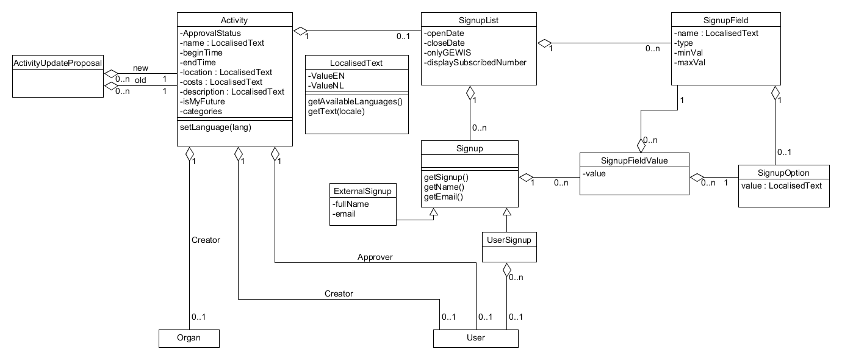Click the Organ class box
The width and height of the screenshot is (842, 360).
click(189, 338)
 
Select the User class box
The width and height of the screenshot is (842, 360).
click(475, 338)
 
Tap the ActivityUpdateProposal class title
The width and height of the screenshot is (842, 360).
click(57, 63)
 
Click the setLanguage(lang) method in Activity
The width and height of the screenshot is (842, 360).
click(215, 127)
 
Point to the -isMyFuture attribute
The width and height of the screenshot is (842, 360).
click(202, 101)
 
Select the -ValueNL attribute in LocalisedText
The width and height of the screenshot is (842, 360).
click(326, 85)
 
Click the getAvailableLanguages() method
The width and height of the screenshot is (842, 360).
click(355, 101)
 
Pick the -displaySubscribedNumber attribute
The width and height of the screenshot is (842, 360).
click(475, 62)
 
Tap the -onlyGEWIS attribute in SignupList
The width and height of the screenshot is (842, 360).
click(447, 52)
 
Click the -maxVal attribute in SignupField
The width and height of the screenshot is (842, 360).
click(689, 62)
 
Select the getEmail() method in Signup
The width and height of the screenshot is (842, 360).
click(444, 196)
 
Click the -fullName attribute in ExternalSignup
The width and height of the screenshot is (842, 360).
click(351, 204)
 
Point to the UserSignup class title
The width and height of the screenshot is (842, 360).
click(509, 240)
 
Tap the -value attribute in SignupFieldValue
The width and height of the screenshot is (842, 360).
click(594, 174)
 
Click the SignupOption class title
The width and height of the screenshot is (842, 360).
click(783, 173)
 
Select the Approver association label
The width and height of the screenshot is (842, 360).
click(375, 257)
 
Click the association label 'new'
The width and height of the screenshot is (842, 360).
click(140, 68)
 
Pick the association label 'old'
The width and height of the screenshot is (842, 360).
click(140, 80)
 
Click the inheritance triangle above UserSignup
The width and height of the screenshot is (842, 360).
click(506, 212)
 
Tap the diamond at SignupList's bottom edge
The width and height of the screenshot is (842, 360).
click(470, 93)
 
